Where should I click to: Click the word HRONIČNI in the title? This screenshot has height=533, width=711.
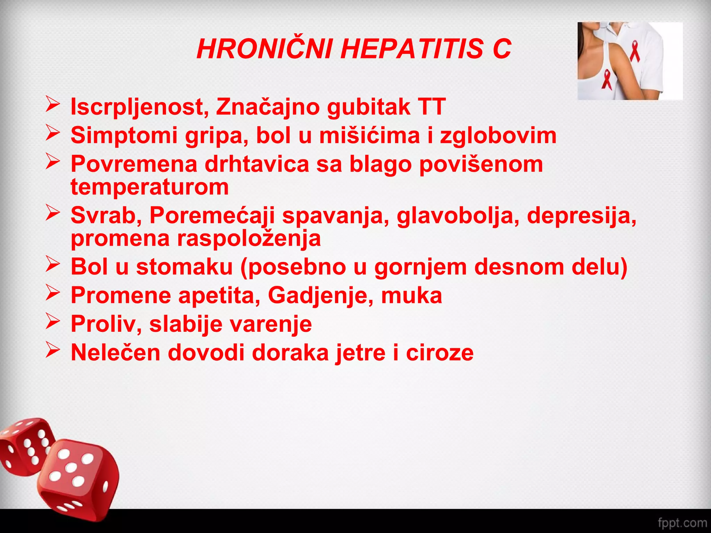pyautogui.click(x=265, y=49)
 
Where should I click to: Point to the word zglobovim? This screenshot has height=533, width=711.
pyautogui.click(x=498, y=135)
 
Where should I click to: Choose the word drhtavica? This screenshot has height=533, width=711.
pyautogui.click(x=257, y=164)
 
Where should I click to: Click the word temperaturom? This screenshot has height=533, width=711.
pyautogui.click(x=150, y=187)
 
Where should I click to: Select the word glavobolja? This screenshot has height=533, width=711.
pyautogui.click(x=458, y=216)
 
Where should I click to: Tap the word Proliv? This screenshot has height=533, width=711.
pyautogui.click(x=106, y=324)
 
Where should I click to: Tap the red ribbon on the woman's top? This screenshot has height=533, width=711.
pyautogui.click(x=607, y=79)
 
